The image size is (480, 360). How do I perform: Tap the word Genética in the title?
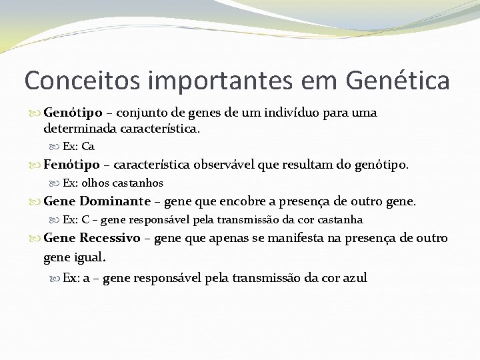point(398,81)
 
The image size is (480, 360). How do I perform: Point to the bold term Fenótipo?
point(71,165)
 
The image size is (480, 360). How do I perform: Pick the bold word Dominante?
point(115,201)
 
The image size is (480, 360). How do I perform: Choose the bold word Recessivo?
point(110,238)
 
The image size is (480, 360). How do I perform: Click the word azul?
point(354,278)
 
